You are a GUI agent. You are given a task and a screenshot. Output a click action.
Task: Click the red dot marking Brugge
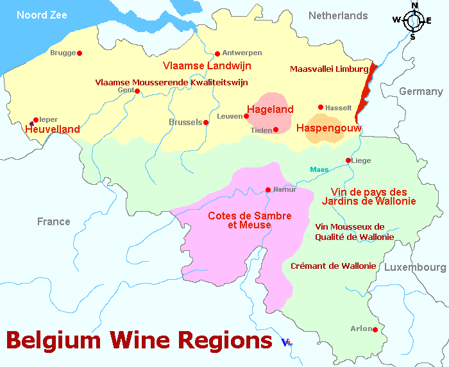[x=80, y=53]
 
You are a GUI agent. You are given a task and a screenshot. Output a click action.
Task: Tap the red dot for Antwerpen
[x=217, y=53]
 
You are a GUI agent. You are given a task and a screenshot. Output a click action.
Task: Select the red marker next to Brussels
[x=206, y=122]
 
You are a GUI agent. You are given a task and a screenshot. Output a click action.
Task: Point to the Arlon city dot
[x=375, y=330]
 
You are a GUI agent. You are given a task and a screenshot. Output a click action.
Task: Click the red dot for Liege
[x=348, y=160]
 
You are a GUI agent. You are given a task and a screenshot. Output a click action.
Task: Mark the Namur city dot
[x=268, y=189]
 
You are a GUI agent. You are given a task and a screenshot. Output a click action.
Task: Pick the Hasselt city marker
[x=321, y=107]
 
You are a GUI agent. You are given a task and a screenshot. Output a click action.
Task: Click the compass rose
[x=414, y=21]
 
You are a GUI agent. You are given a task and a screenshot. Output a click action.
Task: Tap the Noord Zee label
[x=42, y=15]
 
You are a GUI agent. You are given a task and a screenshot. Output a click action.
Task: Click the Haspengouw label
[x=328, y=129]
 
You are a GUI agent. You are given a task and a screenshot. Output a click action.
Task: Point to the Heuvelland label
[x=53, y=130]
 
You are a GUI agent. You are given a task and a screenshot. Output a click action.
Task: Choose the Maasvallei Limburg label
[x=329, y=69]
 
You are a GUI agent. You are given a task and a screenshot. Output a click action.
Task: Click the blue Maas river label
[x=319, y=169]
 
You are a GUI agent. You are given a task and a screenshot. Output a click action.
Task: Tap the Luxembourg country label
[x=415, y=267]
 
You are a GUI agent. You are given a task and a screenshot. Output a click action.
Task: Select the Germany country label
[x=421, y=92]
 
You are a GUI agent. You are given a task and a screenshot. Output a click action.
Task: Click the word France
[x=54, y=222]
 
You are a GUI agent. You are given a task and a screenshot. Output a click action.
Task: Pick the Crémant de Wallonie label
[x=333, y=266]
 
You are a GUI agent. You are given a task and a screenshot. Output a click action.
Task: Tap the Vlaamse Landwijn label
[x=207, y=66]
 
